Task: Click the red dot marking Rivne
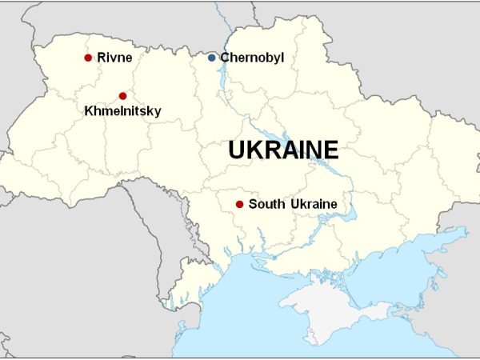tap(88, 58)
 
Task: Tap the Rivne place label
tap(114, 58)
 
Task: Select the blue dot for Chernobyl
tap(211, 58)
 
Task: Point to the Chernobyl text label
tap(252, 58)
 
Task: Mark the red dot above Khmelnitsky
tap(122, 96)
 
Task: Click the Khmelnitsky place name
tap(122, 111)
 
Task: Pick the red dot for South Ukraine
tap(239, 204)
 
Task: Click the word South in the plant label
tap(266, 204)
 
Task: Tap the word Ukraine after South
tap(312, 204)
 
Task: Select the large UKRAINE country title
tap(283, 150)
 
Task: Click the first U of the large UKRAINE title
tap(238, 150)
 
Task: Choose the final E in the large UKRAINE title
tap(331, 150)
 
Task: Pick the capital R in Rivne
tap(102, 58)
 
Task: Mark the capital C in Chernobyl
tap(225, 58)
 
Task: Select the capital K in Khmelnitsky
tap(89, 111)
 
